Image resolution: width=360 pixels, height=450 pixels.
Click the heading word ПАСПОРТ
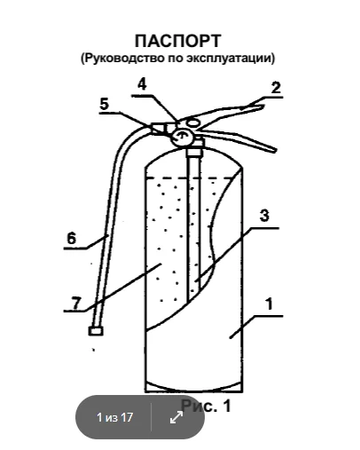tap(178, 41)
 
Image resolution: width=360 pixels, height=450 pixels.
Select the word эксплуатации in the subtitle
tap(231, 58)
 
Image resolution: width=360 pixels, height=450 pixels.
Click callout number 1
tap(269, 304)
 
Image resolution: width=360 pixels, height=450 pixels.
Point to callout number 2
tap(276, 88)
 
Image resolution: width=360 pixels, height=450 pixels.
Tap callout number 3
tap(264, 216)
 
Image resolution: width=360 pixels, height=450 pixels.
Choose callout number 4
tap(142, 84)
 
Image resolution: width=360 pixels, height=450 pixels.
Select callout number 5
tap(105, 105)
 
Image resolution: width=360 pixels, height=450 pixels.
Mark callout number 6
tap(71, 239)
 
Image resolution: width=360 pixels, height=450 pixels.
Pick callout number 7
tap(76, 303)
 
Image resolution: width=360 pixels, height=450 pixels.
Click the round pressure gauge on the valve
tap(181, 137)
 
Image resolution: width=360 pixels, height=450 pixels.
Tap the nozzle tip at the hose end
tap(96, 331)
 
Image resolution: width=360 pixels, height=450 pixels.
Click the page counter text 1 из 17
tap(114, 417)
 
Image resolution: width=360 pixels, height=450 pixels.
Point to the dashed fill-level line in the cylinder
tap(190, 178)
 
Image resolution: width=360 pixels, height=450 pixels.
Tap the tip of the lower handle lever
tap(274, 149)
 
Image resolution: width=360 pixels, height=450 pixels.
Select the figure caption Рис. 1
tap(206, 406)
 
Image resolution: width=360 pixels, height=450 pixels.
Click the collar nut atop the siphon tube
tap(194, 153)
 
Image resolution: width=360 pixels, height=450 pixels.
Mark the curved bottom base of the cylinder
tap(194, 387)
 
